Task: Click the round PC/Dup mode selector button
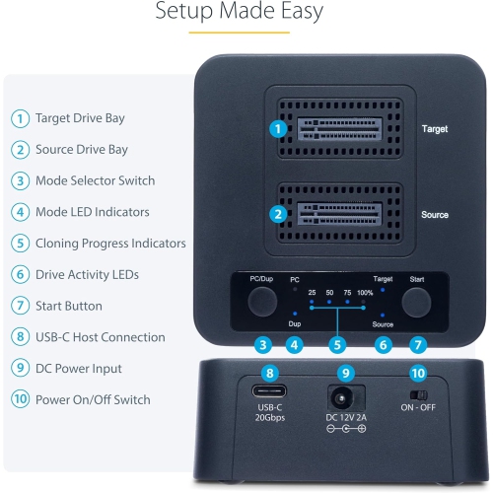(261, 302)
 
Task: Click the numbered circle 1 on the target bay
(279, 129)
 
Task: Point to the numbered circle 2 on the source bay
(279, 213)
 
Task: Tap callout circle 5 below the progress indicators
(338, 345)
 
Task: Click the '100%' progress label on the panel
(365, 294)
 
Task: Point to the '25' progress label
(312, 294)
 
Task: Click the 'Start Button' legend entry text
(68, 306)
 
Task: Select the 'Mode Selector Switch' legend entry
(95, 180)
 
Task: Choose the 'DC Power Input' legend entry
(79, 368)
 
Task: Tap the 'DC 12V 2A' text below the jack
(346, 417)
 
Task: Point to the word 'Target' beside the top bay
(434, 129)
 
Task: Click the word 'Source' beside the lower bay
(434, 214)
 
